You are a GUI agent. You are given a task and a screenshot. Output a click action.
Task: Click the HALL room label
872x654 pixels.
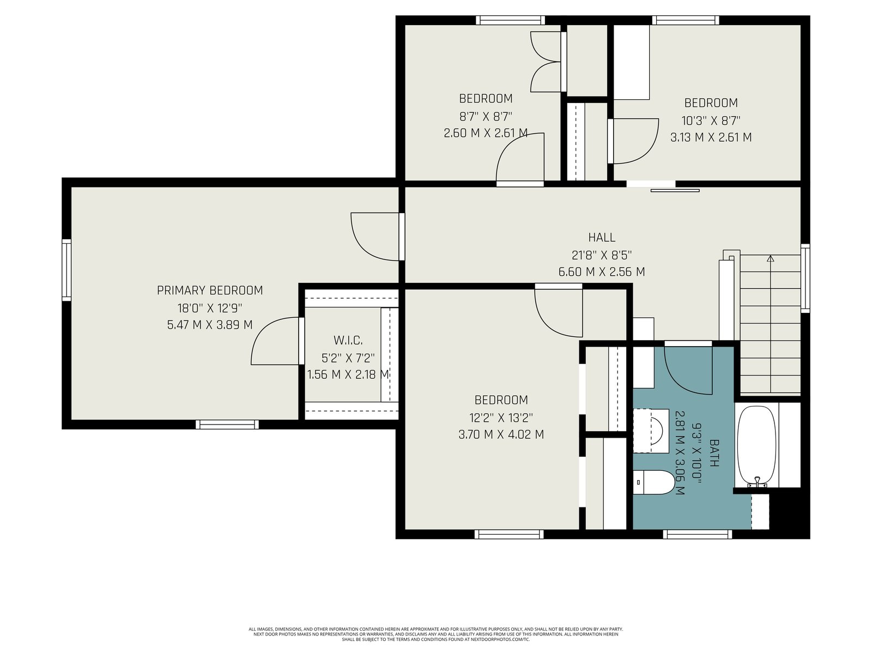(x=602, y=238)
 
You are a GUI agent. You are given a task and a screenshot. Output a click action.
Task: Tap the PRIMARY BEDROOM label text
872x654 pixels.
(x=210, y=290)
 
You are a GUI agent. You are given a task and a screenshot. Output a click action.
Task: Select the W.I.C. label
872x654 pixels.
(x=348, y=340)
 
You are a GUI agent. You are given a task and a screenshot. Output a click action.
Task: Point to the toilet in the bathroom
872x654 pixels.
(x=653, y=482)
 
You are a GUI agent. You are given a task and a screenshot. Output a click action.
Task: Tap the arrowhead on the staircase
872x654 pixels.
(x=770, y=258)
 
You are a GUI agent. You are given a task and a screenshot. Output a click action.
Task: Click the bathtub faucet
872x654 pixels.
(x=757, y=482)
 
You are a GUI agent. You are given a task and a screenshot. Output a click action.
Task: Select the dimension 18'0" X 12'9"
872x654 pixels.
(x=210, y=308)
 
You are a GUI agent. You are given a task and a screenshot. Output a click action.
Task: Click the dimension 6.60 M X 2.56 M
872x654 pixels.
(x=602, y=272)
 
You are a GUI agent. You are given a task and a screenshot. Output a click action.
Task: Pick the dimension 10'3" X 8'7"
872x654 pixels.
(x=711, y=120)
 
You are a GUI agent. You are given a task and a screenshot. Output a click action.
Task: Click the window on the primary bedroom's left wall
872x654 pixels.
(x=66, y=270)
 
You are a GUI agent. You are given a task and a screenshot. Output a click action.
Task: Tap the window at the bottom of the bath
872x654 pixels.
(x=697, y=534)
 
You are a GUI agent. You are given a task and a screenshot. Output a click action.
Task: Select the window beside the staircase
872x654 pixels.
(x=806, y=278)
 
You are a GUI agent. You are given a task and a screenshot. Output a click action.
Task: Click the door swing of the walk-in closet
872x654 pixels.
(x=275, y=341)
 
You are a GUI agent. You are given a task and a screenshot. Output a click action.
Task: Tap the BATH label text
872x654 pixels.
(x=714, y=453)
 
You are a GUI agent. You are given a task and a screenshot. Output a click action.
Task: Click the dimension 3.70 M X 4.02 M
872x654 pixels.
(x=501, y=434)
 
